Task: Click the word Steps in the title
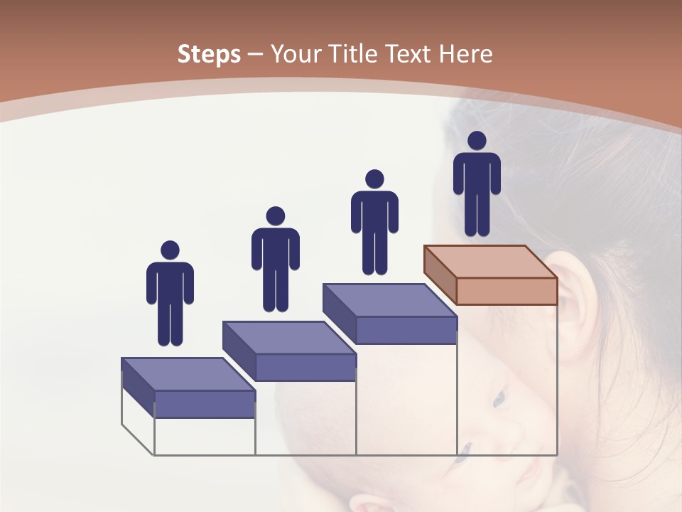pos(209,54)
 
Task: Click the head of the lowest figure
pos(170,250)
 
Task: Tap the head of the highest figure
pos(477,141)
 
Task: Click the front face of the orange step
pos(507,291)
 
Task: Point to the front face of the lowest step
pos(205,404)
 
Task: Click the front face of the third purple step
pos(406,330)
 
